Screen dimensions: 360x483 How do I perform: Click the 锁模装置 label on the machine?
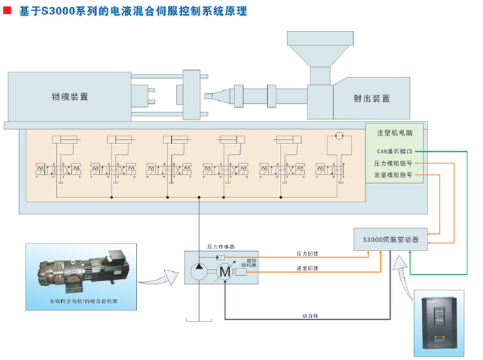(70, 97)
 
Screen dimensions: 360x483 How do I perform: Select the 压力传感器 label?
(220, 247)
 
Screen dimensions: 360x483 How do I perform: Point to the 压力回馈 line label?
(308, 253)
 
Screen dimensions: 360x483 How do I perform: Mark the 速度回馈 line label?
(308, 268)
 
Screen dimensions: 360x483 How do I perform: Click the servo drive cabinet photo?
(439, 321)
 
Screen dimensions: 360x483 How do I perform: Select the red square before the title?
(6, 12)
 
